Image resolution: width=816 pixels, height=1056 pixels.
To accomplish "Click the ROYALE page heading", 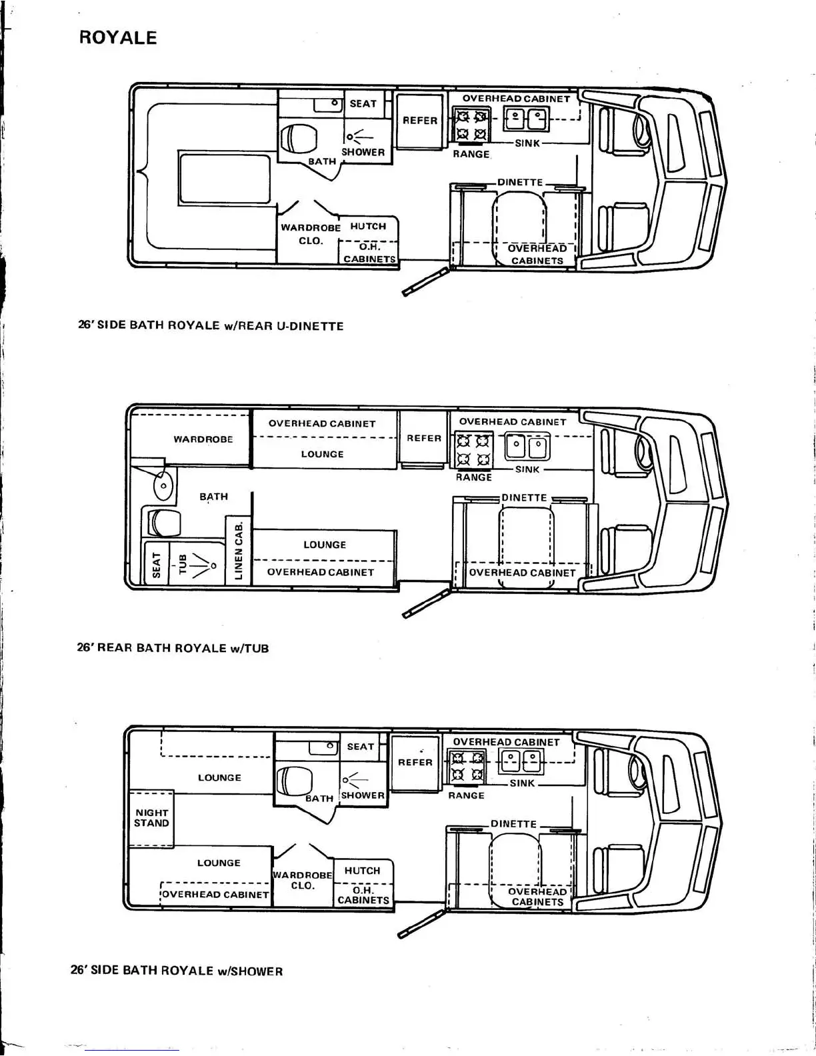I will pyautogui.click(x=118, y=37).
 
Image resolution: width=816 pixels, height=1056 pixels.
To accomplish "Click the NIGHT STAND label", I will pyautogui.click(x=151, y=818).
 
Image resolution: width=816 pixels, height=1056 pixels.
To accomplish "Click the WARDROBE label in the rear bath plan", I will pyautogui.click(x=203, y=439).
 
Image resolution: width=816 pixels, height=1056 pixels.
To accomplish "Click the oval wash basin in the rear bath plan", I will pyautogui.click(x=163, y=485).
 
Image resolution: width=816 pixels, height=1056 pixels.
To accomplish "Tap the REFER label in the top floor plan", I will pyautogui.click(x=420, y=121).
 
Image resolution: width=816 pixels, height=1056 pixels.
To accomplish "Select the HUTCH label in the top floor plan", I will pyautogui.click(x=368, y=227).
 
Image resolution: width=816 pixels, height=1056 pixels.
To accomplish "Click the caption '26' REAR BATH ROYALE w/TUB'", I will pyautogui.click(x=173, y=648).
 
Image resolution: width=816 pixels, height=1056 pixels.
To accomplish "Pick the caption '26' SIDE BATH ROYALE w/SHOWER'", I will pyautogui.click(x=177, y=971).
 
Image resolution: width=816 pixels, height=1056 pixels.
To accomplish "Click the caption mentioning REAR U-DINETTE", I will pyautogui.click(x=211, y=326).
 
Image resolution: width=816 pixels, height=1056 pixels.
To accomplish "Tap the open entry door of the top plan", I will pyautogui.click(x=425, y=281).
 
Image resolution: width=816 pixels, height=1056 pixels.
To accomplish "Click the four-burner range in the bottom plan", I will pyautogui.click(x=467, y=766).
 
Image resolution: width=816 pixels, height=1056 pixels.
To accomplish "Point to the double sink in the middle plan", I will pyautogui.click(x=527, y=446).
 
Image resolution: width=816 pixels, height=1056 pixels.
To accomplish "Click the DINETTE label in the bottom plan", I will pyautogui.click(x=513, y=824).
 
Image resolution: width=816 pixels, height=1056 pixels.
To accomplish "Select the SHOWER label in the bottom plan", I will pyautogui.click(x=363, y=795).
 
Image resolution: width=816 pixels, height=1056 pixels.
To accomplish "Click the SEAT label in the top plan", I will pyautogui.click(x=363, y=104).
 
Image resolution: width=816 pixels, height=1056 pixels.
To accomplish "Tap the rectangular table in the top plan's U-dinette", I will pyautogui.click(x=224, y=181).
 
